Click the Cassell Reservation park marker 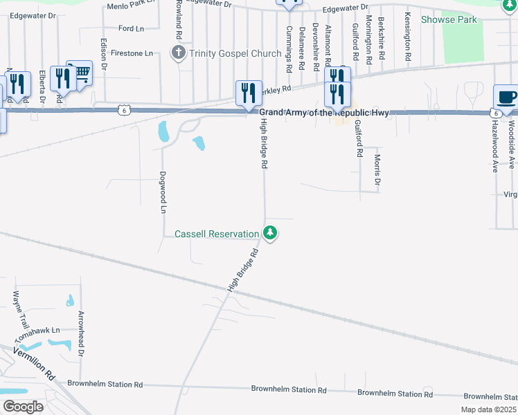(271, 234)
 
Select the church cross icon (179, 53)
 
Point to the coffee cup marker (506, 98)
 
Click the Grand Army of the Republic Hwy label (324, 113)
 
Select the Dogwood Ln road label (163, 192)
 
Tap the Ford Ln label (131, 28)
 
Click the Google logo (23, 406)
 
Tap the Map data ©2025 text (488, 409)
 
